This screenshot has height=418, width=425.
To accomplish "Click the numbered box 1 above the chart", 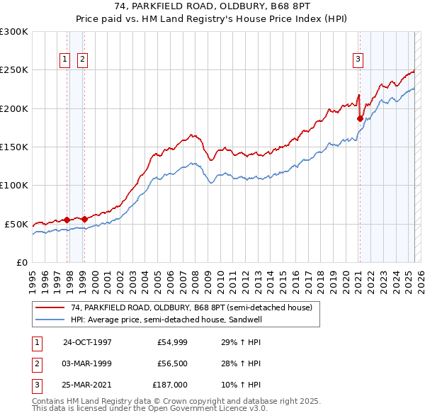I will coord(65,60).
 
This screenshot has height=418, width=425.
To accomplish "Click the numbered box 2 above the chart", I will coord(82,60).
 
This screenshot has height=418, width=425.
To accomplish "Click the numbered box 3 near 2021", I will coord(358,60).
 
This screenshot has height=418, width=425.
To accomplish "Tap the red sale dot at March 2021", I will coord(360,118).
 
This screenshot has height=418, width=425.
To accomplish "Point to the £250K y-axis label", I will coord(14,70).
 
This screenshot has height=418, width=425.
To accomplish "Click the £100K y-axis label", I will coord(14,185).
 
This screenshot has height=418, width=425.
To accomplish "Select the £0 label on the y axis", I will coord(21,262).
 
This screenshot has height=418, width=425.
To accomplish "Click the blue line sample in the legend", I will coord(51,320).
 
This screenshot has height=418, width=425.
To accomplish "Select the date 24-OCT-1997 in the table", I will coord(87,341).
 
